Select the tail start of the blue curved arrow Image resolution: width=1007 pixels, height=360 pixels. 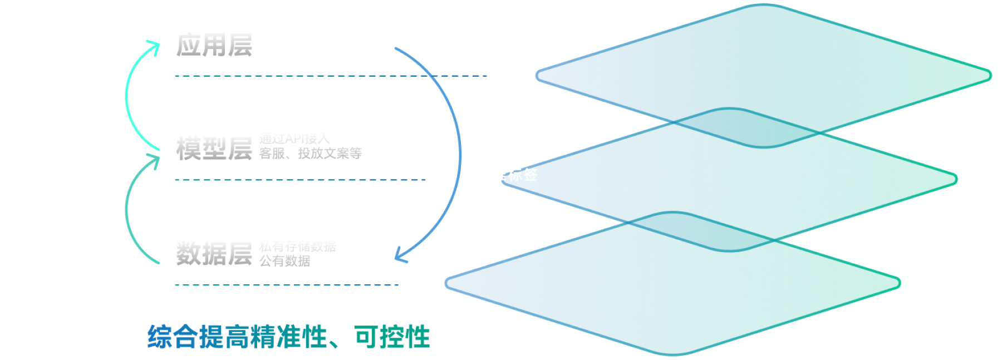point(395,49)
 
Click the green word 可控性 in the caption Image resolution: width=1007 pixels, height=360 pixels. point(392,336)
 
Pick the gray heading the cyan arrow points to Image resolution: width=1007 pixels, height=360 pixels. point(214,45)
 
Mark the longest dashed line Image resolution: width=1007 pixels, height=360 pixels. point(331,75)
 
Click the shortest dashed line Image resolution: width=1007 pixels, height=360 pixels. point(287,285)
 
